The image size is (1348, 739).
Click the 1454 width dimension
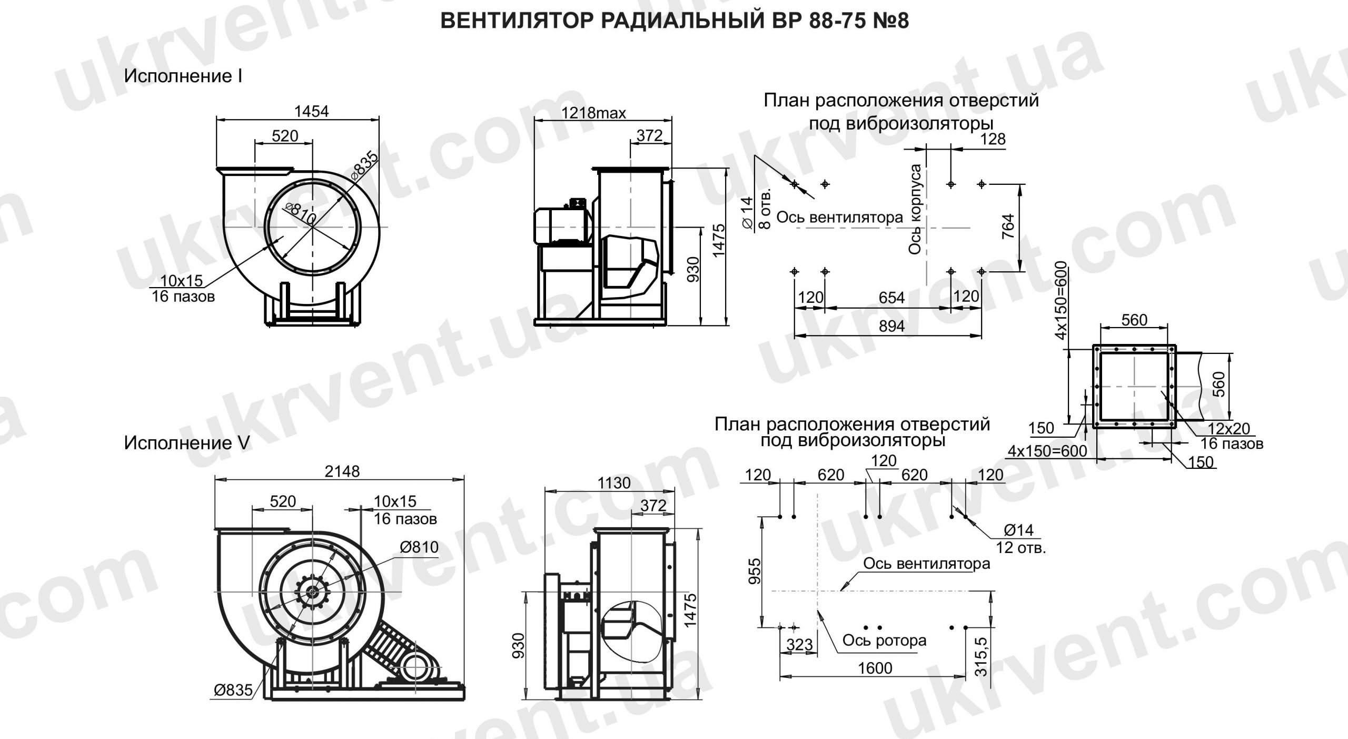click(x=312, y=111)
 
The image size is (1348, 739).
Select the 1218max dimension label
click(x=593, y=113)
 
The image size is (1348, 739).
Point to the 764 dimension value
click(x=1007, y=227)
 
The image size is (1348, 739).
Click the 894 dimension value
click(x=891, y=326)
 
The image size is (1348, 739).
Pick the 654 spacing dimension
click(x=891, y=298)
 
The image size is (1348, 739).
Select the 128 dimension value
click(x=993, y=139)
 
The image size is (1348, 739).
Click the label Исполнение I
click(x=183, y=76)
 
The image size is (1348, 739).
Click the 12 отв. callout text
click(x=1020, y=548)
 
